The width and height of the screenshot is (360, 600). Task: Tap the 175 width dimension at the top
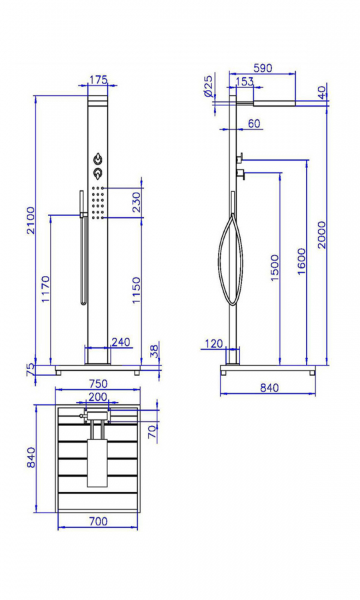point(98,79)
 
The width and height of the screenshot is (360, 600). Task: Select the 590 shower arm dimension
point(263,68)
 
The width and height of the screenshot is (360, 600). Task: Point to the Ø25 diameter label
point(209,87)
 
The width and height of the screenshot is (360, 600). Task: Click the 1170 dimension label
point(45,289)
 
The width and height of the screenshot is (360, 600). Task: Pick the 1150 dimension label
point(137,291)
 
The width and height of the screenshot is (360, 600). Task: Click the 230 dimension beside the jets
point(137,203)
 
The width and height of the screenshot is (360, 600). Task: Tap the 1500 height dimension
point(275,267)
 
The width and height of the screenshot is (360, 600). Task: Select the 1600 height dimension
point(301,261)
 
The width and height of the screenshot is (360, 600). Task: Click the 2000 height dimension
point(322,235)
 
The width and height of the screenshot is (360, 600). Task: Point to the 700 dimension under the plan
point(98,521)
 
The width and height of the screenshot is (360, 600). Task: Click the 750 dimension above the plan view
point(98,383)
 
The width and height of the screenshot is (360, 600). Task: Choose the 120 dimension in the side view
point(213,343)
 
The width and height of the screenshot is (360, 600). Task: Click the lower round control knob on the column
point(98,173)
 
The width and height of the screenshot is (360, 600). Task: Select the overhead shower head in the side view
point(274,103)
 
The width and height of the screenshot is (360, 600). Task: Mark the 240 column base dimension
point(121,342)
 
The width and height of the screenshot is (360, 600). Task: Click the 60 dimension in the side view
point(254,123)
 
